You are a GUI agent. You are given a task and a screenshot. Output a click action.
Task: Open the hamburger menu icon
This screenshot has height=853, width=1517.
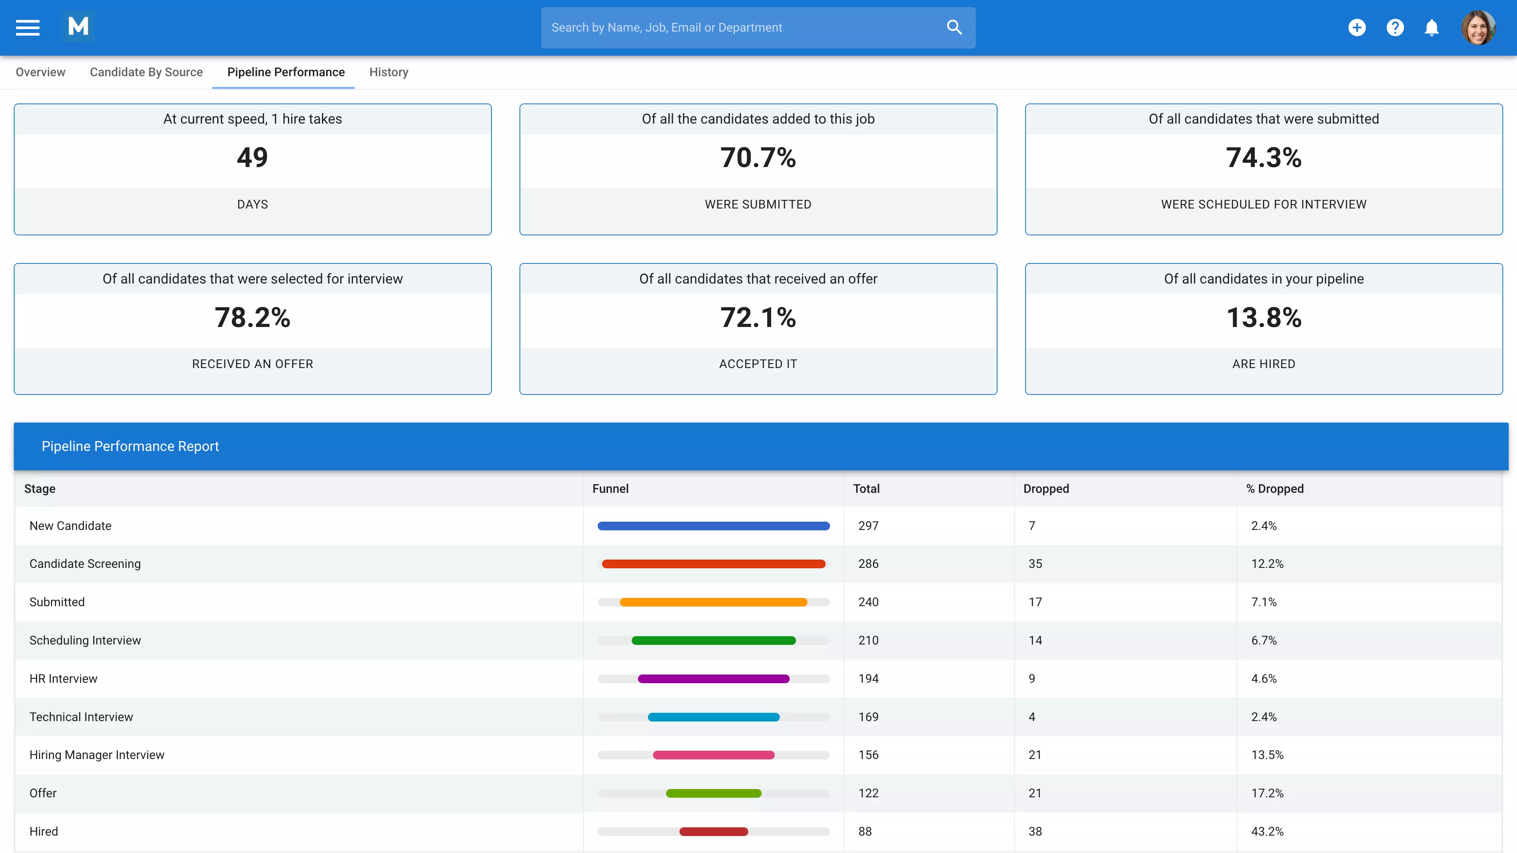[x=28, y=28]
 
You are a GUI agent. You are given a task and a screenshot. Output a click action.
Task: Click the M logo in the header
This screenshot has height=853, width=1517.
[x=78, y=26]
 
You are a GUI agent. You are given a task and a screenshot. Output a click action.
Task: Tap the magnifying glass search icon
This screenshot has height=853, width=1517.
[x=954, y=28]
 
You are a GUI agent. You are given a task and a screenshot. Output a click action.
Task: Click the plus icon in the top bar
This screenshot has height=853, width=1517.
[x=1357, y=28]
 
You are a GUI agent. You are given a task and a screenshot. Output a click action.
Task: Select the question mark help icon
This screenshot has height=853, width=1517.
[x=1395, y=28]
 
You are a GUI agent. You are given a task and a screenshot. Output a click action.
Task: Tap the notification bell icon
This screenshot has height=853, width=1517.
[x=1432, y=28]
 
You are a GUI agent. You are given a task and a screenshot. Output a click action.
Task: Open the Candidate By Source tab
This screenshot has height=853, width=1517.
[x=146, y=72]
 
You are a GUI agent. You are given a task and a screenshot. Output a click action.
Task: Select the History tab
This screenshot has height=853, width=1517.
[x=389, y=72]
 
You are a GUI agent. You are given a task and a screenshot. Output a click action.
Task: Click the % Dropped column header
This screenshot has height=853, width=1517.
[x=1274, y=489]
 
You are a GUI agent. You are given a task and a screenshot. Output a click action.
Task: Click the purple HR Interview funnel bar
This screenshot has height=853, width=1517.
[x=713, y=679]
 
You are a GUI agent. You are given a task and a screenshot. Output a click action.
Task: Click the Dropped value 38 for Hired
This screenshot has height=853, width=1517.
[x=1035, y=831]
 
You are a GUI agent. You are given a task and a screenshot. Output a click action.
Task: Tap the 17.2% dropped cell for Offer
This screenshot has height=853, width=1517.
[x=1267, y=793]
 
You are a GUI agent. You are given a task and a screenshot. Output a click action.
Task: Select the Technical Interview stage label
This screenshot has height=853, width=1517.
[x=81, y=717]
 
